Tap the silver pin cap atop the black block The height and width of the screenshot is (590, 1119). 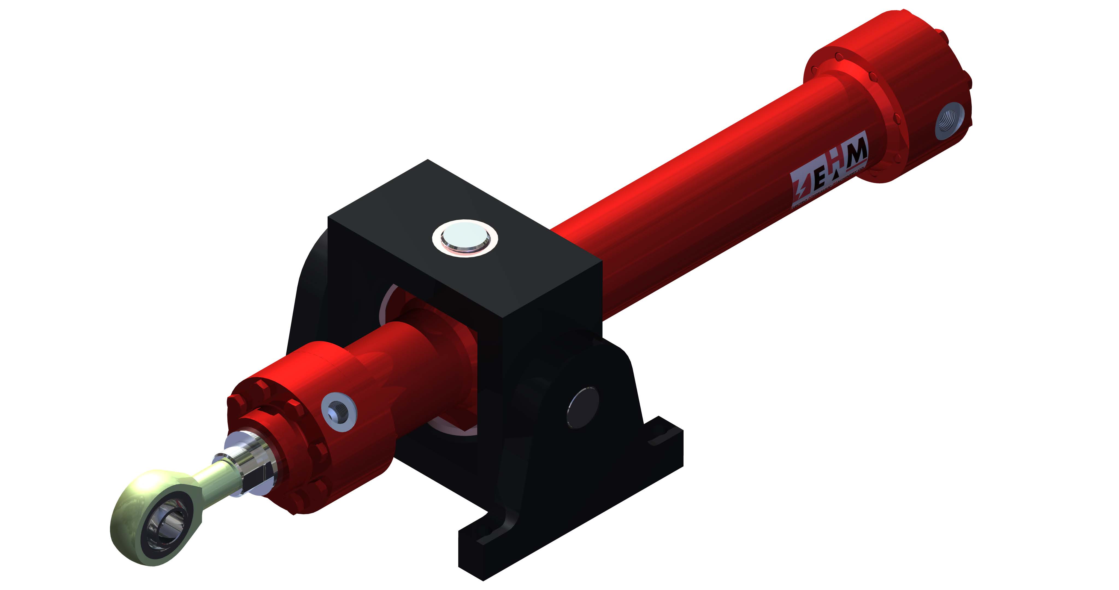click(465, 238)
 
